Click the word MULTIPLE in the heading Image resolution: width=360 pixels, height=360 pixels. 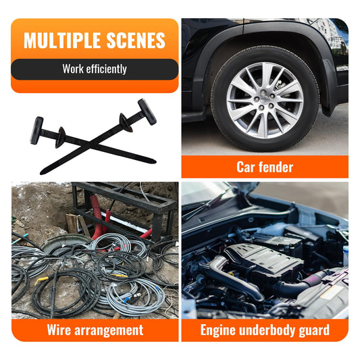pyautogui.click(x=62, y=41)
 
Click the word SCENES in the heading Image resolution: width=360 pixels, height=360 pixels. pyautogui.click(x=136, y=41)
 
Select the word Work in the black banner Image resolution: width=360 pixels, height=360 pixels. pyautogui.click(x=73, y=69)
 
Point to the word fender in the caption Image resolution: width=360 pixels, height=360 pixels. pyautogui.click(x=276, y=167)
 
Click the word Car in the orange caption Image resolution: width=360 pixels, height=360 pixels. pyautogui.click(x=245, y=167)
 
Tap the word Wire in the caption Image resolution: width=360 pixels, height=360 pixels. pyautogui.click(x=59, y=330)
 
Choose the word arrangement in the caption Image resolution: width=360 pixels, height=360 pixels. pyautogui.click(x=109, y=331)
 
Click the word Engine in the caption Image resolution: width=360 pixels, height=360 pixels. pyautogui.click(x=218, y=331)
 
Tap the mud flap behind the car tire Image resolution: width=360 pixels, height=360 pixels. pyautogui.click(x=329, y=87)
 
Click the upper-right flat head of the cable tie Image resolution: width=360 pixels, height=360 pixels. pyautogui.click(x=147, y=112)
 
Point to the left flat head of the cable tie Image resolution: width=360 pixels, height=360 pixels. pyautogui.click(x=36, y=130)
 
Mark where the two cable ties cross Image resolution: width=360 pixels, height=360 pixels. pyautogui.click(x=91, y=145)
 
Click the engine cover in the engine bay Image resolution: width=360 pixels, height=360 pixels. pyautogui.click(x=264, y=257)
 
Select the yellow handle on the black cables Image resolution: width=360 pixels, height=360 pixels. pyautogui.click(x=42, y=280)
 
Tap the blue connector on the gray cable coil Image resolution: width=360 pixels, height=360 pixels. pyautogui.click(x=127, y=300)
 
